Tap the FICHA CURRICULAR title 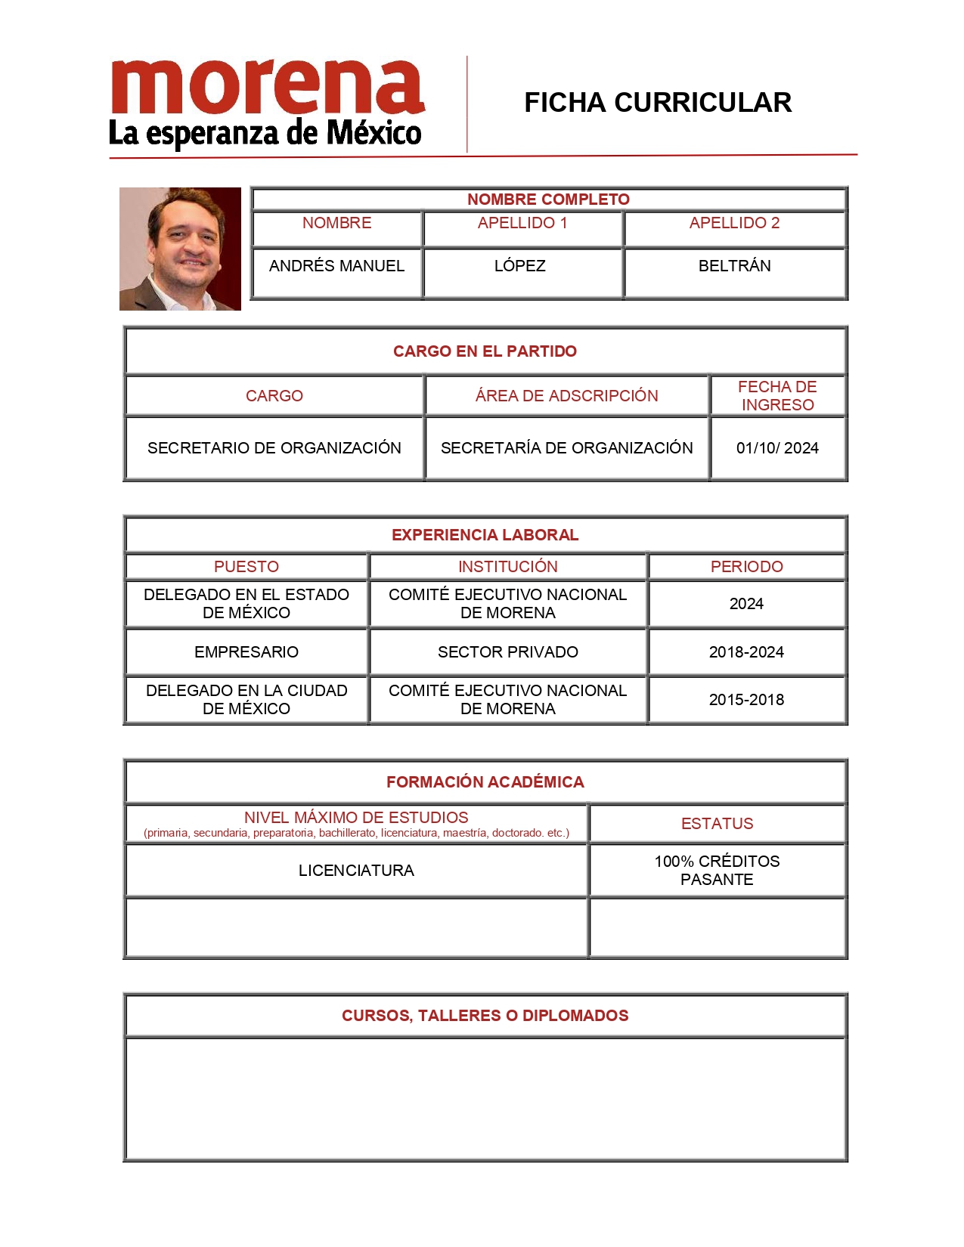pyautogui.click(x=657, y=103)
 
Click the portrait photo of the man pyautogui.click(x=180, y=249)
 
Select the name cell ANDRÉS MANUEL pyautogui.click(x=336, y=266)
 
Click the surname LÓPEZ pyautogui.click(x=519, y=266)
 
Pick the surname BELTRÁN pyautogui.click(x=734, y=266)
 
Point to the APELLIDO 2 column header pyautogui.click(x=734, y=223)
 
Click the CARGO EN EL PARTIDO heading pyautogui.click(x=485, y=351)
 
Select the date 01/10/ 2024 pyautogui.click(x=777, y=448)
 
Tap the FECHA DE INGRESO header pyautogui.click(x=777, y=396)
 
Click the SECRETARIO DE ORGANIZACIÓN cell pyautogui.click(x=274, y=448)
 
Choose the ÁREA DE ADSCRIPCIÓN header pyautogui.click(x=566, y=396)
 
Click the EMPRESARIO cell pyautogui.click(x=246, y=652)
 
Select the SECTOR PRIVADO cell pyautogui.click(x=507, y=652)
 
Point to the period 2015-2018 pyautogui.click(x=746, y=700)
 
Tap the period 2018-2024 pyautogui.click(x=746, y=652)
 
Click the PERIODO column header pyautogui.click(x=746, y=567)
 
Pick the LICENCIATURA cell pyautogui.click(x=356, y=871)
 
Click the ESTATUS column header pyautogui.click(x=717, y=824)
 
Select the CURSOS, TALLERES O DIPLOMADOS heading pyautogui.click(x=485, y=1016)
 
